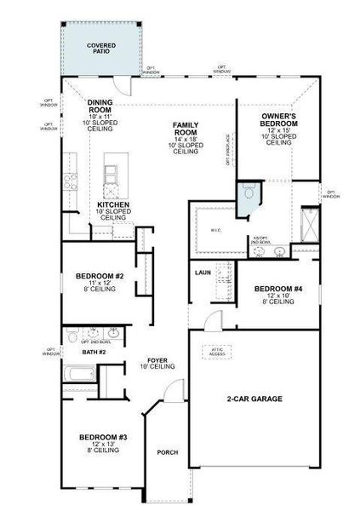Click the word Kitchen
point(113,205)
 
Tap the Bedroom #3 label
point(103,438)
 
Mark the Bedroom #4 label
point(277,289)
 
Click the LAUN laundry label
point(203,273)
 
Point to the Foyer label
point(157,362)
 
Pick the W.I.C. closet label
point(215,230)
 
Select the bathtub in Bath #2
point(79,375)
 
